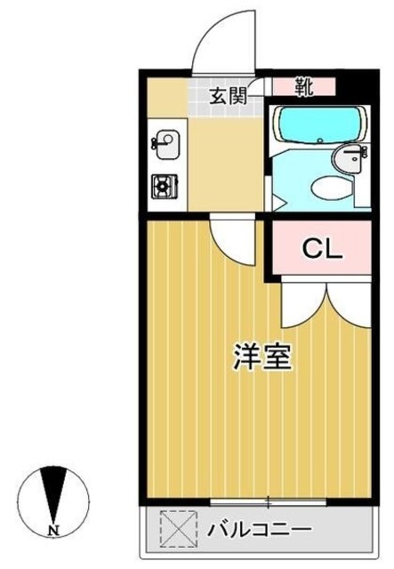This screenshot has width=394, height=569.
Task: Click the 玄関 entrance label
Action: tap(227, 95)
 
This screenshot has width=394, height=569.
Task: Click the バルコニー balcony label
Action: tap(259, 530)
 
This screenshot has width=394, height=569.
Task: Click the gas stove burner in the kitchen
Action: tap(165, 186)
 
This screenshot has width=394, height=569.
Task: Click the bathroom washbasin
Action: tap(349, 160)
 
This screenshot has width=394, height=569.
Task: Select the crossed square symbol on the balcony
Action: tap(176, 527)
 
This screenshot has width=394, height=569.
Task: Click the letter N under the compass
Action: tap(53, 532)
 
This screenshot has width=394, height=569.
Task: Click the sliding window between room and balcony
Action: tap(267, 503)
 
